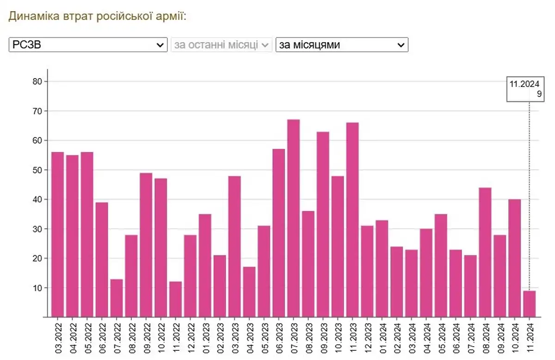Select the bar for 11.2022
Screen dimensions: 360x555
pyautogui.click(x=175, y=299)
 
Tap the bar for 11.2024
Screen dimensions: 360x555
pyautogui.click(x=529, y=304)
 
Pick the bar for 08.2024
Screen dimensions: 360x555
pyautogui.click(x=485, y=252)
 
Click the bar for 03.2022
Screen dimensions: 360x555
pyautogui.click(x=57, y=234)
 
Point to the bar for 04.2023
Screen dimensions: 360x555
pyautogui.click(x=249, y=292)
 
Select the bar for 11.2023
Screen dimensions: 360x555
pyautogui.click(x=352, y=220)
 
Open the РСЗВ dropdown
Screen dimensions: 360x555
pyautogui.click(x=88, y=45)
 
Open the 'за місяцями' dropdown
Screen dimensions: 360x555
pyautogui.click(x=342, y=45)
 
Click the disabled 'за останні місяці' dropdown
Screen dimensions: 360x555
pyautogui.click(x=221, y=45)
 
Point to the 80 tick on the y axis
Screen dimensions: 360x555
pyautogui.click(x=36, y=82)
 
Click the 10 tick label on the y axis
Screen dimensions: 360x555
pyautogui.click(x=36, y=288)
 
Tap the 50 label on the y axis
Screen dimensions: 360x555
pyautogui.click(x=36, y=170)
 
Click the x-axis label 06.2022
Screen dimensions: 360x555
pyautogui.click(x=102, y=338)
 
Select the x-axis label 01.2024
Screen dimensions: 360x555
pyautogui.click(x=382, y=338)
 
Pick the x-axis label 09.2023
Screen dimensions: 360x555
pyautogui.click(x=323, y=338)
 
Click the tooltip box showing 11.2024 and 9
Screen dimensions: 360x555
pyautogui.click(x=524, y=89)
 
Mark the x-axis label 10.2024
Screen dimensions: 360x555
pyautogui.click(x=515, y=338)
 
